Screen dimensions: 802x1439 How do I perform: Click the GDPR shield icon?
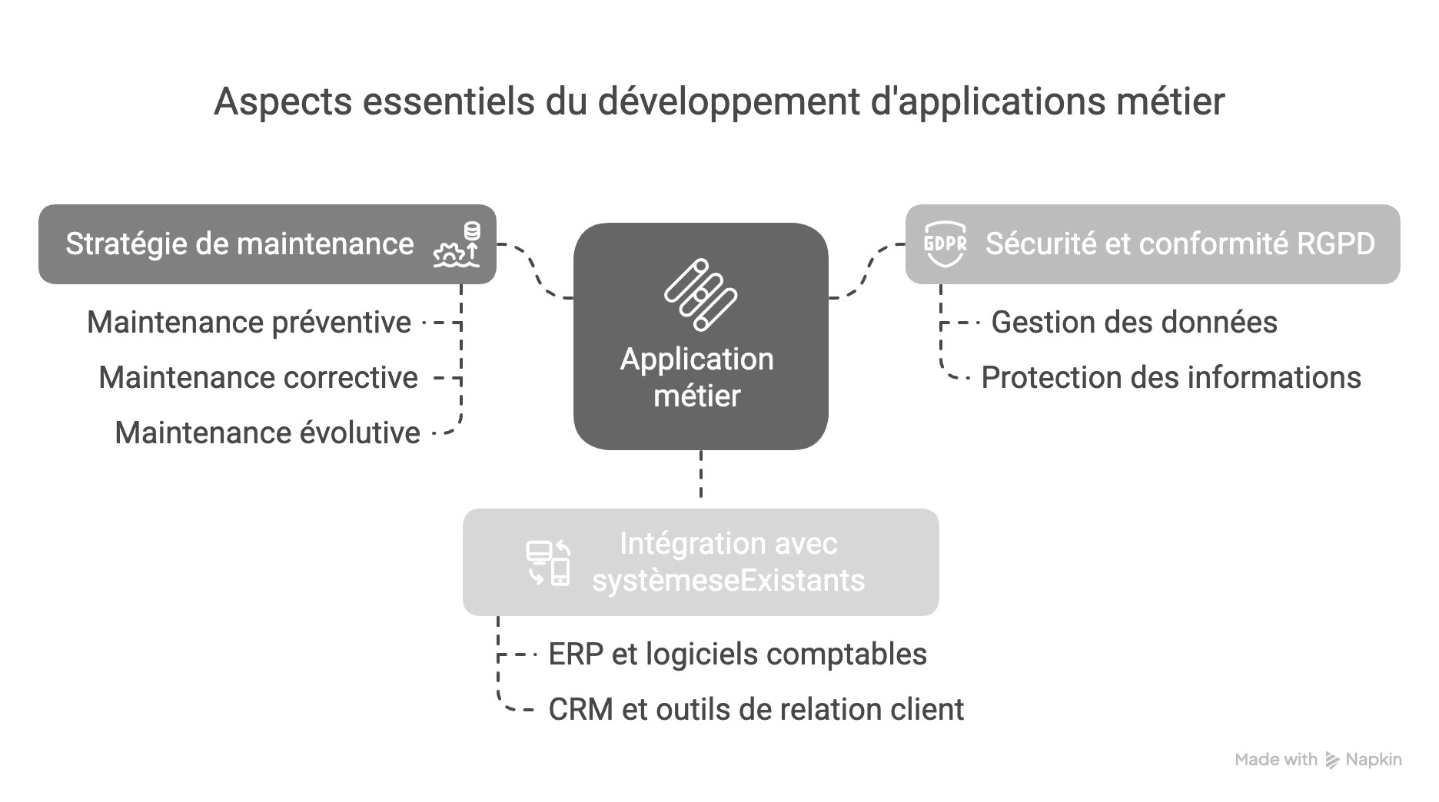pos(944,244)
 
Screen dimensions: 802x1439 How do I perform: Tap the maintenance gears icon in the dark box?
pos(457,245)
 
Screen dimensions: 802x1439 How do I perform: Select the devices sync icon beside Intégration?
pos(548,562)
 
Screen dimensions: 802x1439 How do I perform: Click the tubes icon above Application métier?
pos(700,295)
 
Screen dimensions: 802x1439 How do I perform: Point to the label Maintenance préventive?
pos(249,323)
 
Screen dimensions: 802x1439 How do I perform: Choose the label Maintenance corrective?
pos(258,378)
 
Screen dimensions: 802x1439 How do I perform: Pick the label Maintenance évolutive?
pos(268,433)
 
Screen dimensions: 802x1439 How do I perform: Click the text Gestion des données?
pos(1134,323)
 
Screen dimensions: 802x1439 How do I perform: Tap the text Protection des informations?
pos(1171,378)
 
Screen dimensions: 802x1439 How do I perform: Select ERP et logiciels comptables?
pos(737,655)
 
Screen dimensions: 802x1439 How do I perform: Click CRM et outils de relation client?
pos(756,710)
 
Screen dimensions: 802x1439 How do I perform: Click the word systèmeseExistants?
pos(728,581)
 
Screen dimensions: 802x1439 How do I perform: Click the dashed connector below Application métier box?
pos(700,475)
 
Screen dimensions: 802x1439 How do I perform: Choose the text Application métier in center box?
pos(697,378)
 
